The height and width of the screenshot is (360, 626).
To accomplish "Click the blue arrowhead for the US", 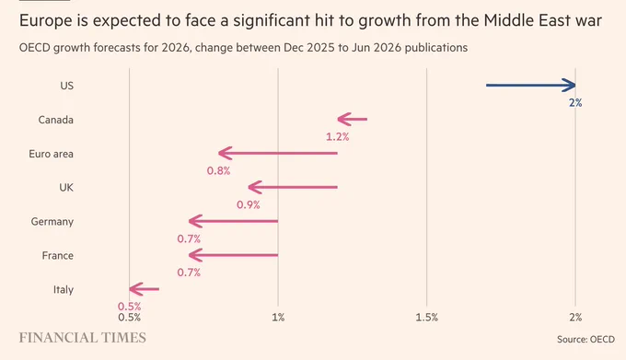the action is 570,85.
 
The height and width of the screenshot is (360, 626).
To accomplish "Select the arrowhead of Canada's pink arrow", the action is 343,119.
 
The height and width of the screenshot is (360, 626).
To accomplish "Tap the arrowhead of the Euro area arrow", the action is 225,153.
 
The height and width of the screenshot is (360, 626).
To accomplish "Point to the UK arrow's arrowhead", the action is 255,187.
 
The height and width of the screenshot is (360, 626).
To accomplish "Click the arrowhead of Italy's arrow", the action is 135,289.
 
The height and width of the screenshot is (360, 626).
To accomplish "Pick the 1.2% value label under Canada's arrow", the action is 337,137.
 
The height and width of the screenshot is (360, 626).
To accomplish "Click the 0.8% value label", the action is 218,171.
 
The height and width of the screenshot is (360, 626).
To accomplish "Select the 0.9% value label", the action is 249,204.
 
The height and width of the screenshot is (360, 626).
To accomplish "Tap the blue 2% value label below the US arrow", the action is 575,103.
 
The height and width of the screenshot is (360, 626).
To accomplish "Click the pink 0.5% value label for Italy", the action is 130,306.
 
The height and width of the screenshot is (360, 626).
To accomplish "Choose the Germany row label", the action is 52,222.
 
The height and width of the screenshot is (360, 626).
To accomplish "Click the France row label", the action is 57,255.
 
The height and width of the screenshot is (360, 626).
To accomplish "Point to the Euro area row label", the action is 52,154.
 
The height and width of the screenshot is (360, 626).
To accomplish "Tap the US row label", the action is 66,86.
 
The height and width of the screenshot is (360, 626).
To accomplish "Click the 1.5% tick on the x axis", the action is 427,318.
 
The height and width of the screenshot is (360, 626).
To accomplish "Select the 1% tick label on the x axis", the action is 278,318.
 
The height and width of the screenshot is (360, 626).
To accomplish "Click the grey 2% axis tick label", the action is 575,318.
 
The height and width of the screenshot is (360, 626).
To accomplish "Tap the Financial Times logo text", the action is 83,338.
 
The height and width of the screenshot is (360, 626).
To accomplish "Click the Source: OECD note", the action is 585,339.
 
